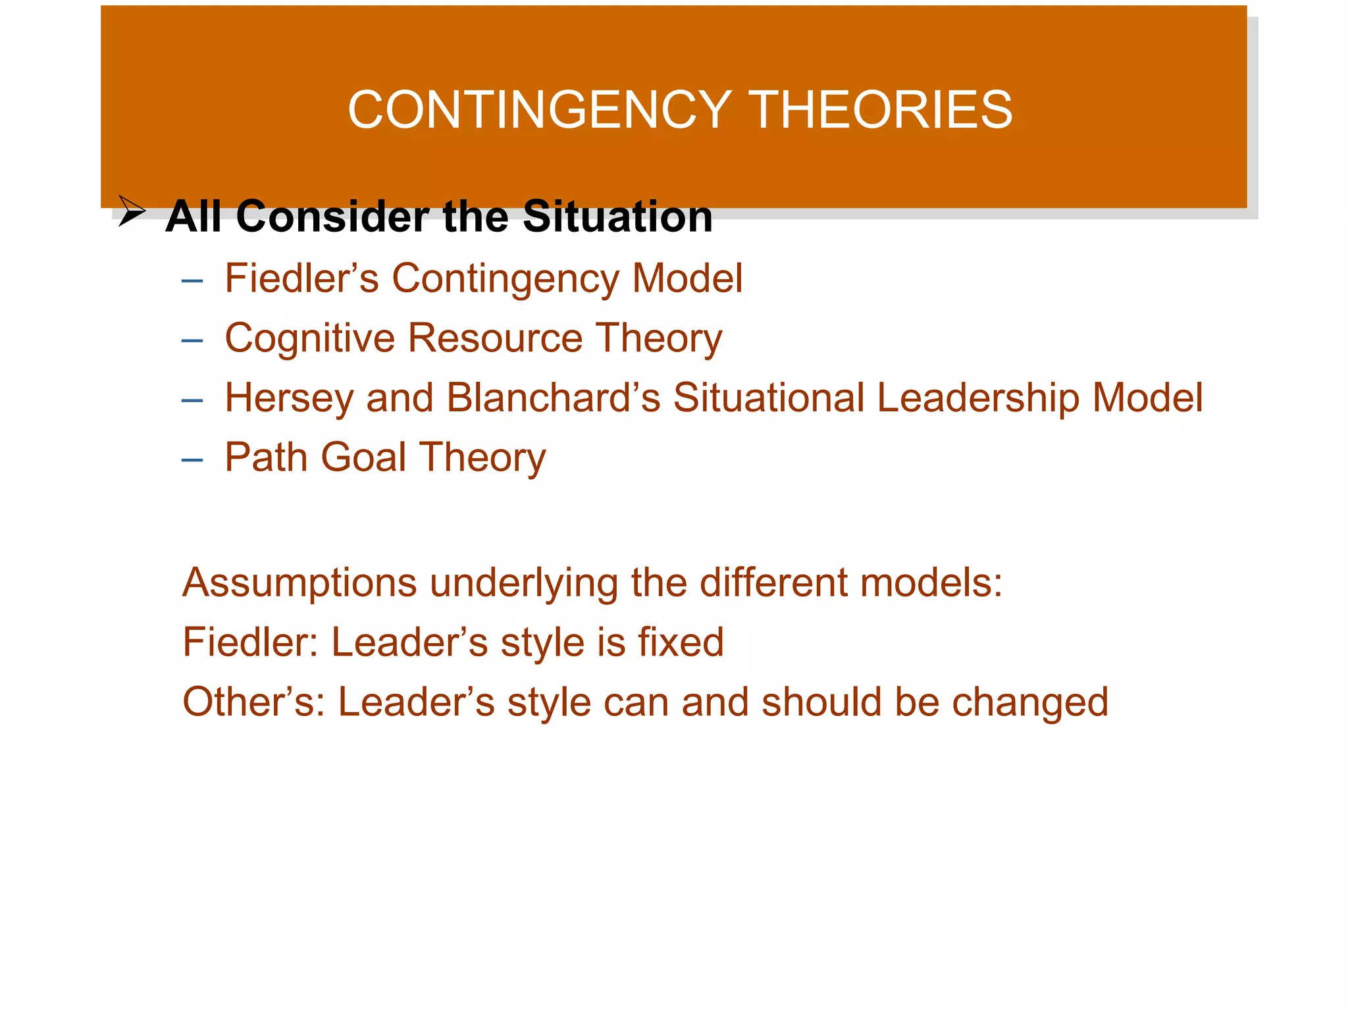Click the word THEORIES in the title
(x=881, y=110)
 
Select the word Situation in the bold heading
(x=617, y=217)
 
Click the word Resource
(x=495, y=338)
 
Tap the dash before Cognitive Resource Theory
(x=192, y=341)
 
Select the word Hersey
(x=289, y=398)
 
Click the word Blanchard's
(x=553, y=398)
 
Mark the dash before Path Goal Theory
(x=192, y=460)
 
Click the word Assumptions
(x=299, y=583)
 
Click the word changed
(x=1030, y=702)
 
